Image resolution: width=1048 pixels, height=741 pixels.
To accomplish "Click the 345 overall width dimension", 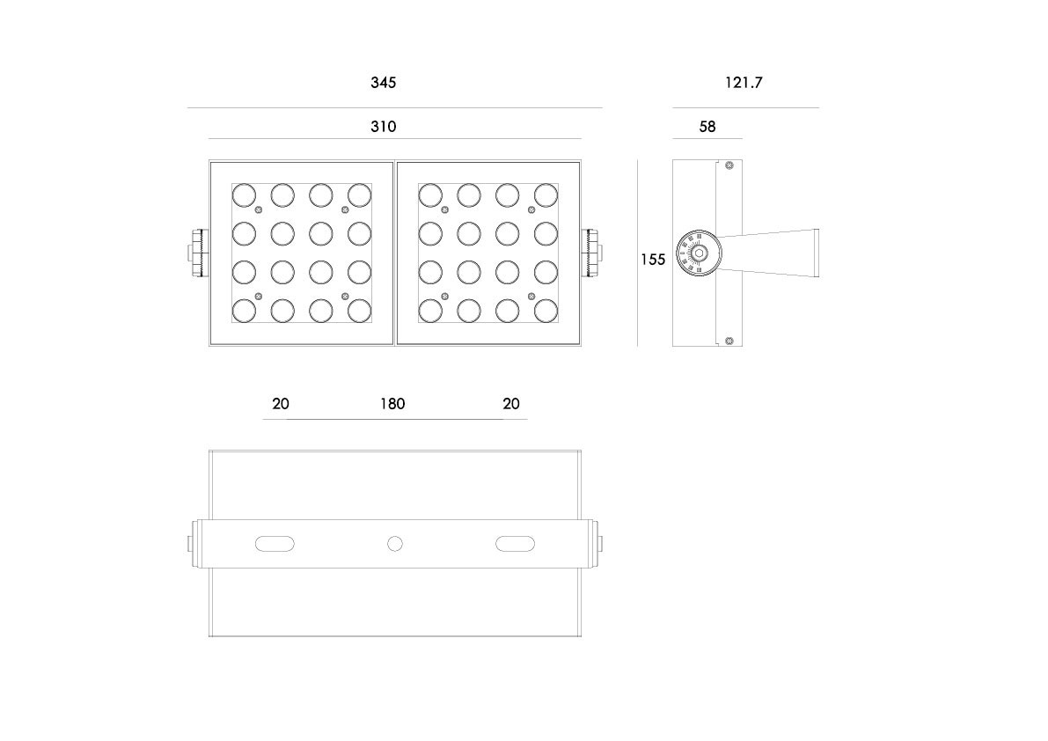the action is click(383, 83).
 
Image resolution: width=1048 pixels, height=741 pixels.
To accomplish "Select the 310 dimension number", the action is click(383, 127).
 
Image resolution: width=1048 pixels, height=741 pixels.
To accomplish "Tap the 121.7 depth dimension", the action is click(744, 83).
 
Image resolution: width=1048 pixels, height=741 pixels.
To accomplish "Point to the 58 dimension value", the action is click(707, 127).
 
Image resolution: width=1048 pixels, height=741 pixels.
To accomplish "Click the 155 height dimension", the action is click(653, 260).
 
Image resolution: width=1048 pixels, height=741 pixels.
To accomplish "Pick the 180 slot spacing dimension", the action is click(392, 404).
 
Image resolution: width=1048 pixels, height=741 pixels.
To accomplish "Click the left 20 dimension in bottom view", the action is click(281, 404).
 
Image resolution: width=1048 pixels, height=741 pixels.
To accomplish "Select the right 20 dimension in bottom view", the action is click(511, 404).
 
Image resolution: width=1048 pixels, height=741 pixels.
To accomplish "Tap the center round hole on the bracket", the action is click(395, 544).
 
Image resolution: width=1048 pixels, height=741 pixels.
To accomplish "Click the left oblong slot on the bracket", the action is click(275, 544).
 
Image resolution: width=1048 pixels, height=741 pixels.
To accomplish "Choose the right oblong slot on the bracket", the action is click(515, 544).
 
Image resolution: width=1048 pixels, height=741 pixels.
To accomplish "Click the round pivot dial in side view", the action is click(699, 253).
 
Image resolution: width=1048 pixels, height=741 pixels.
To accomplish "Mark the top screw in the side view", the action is click(729, 165).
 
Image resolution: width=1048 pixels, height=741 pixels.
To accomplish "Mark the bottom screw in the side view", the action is click(729, 341).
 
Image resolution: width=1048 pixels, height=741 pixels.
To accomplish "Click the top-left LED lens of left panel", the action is click(244, 195).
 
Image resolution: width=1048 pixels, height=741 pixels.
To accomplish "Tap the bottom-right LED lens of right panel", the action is click(546, 311).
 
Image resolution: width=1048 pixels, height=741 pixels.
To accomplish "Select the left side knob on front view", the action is click(199, 253).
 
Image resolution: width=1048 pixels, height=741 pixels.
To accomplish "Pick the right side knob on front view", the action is click(591, 253).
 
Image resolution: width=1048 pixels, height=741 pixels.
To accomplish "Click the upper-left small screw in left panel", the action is click(259, 210).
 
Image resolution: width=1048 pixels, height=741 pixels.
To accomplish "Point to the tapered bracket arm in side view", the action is click(769, 253).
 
